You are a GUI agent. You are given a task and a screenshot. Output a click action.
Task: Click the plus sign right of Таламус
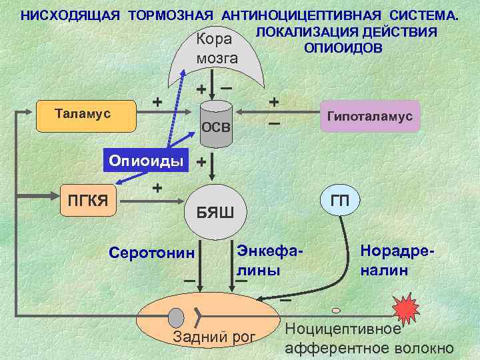coord(157,102)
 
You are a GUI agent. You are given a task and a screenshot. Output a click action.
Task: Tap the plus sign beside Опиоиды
coord(201,162)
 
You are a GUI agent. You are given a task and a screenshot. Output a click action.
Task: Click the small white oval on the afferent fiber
coord(336,309)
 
